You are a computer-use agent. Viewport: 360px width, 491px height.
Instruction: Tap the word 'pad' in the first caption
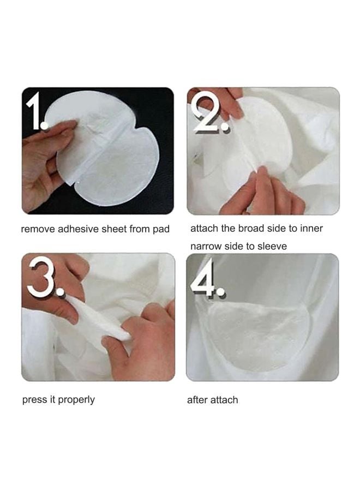[x=161, y=230]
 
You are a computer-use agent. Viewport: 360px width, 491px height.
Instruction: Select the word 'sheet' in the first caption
[x=114, y=229]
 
